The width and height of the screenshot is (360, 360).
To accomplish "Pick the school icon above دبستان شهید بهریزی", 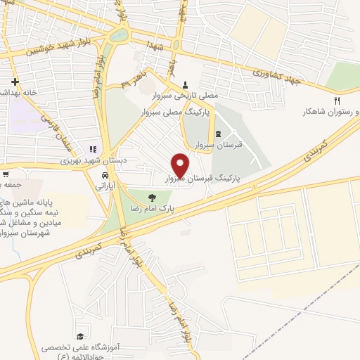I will point(91,150).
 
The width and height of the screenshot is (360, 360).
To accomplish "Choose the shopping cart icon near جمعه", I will point(5,174).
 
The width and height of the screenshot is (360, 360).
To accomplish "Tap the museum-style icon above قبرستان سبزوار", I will point(217,134).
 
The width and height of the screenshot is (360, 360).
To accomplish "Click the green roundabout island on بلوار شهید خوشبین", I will point(120,34).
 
